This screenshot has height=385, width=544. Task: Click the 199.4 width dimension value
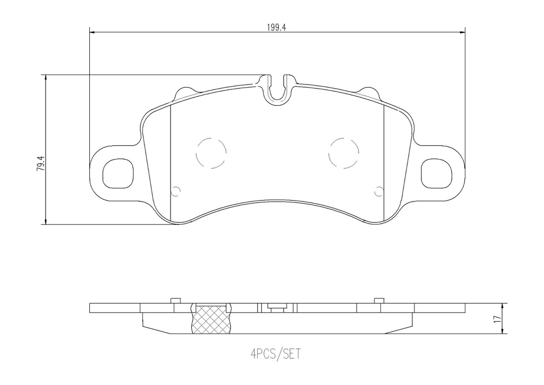point(277,27)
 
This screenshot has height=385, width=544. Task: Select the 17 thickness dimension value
point(497,320)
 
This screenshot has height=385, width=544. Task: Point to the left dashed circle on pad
point(211,153)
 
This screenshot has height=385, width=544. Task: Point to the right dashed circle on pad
point(344,153)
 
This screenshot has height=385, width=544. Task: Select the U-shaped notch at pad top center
point(277,89)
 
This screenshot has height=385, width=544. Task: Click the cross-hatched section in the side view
point(211,321)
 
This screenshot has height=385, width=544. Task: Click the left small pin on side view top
point(174,301)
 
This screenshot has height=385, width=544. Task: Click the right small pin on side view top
point(379,301)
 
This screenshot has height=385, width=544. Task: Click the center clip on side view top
point(277,306)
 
